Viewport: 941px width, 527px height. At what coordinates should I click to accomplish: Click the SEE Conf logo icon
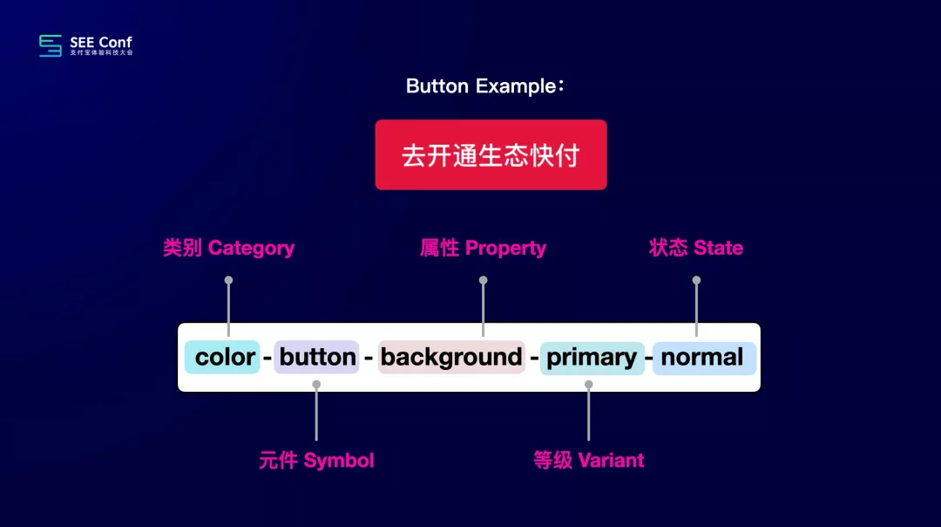click(51, 45)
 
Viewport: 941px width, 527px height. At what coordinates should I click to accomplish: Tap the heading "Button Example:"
click(485, 86)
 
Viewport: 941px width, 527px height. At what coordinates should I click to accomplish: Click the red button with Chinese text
click(491, 155)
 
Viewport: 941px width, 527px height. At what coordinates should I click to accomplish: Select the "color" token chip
click(222, 357)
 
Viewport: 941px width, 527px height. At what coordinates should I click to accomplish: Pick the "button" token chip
click(316, 357)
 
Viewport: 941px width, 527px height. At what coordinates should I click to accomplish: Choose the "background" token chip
click(451, 357)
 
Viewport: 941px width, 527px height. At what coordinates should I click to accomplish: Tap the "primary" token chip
click(592, 358)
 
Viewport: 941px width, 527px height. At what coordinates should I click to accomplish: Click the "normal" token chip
click(703, 358)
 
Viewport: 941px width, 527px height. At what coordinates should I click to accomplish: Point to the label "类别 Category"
click(228, 248)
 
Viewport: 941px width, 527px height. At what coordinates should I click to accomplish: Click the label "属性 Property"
click(483, 248)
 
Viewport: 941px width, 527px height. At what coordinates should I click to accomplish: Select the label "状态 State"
click(696, 248)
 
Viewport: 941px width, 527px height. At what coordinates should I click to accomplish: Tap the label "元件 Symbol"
click(316, 461)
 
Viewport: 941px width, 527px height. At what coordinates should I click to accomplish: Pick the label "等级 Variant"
click(589, 461)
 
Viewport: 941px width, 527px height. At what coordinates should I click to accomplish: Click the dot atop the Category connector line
click(228, 280)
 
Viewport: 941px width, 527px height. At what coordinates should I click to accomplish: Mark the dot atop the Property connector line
click(483, 280)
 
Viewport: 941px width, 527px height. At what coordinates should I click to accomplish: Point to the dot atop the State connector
click(696, 280)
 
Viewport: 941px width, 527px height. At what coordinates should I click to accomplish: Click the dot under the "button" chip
click(316, 385)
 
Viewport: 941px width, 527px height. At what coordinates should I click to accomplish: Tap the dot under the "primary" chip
click(589, 385)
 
